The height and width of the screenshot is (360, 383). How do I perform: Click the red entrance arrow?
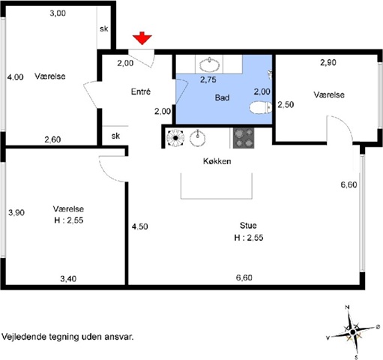pyautogui.click(x=142, y=38)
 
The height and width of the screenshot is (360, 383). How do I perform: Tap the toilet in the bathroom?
pyautogui.click(x=261, y=107)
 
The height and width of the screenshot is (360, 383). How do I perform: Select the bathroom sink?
pyautogui.click(x=209, y=64)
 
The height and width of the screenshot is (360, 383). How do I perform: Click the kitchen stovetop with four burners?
pyautogui.click(x=244, y=138)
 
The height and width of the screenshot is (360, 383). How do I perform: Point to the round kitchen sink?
pyautogui.click(x=197, y=138)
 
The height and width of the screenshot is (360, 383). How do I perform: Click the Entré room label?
pyautogui.click(x=141, y=91)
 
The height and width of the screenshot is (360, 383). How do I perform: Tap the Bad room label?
pyautogui.click(x=222, y=97)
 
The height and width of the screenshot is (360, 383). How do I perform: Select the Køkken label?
pyautogui.click(x=217, y=161)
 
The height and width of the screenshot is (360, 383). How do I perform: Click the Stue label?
pyautogui.click(x=248, y=226)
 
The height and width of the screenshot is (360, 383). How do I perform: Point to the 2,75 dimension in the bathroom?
pyautogui.click(x=208, y=79)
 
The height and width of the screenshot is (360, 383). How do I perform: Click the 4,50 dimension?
pyautogui.click(x=140, y=226)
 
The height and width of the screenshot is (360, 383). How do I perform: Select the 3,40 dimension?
pyautogui.click(x=68, y=278)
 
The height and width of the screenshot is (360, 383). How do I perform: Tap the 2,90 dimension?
pyautogui.click(x=328, y=62)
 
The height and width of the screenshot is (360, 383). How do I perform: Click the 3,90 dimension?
pyautogui.click(x=16, y=212)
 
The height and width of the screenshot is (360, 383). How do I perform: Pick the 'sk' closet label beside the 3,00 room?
pyautogui.click(x=104, y=28)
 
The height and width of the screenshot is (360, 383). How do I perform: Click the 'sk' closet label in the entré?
pyautogui.click(x=115, y=136)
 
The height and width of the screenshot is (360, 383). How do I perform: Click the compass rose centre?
pyautogui.click(x=352, y=332)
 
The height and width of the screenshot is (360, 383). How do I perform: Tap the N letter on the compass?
pyautogui.click(x=347, y=307)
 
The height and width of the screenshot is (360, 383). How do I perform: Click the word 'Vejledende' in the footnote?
pyautogui.click(x=24, y=337)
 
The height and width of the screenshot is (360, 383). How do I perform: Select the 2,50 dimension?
pyautogui.click(x=286, y=104)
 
